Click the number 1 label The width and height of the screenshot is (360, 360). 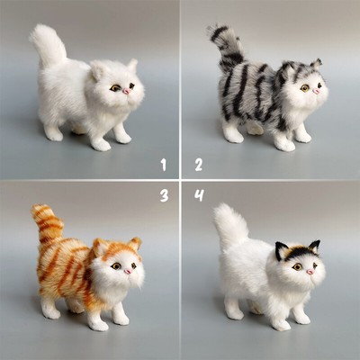[x=163, y=164]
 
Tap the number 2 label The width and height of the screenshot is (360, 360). [x=198, y=164]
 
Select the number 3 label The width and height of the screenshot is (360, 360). [x=164, y=194]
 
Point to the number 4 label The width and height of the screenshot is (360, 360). [x=198, y=194]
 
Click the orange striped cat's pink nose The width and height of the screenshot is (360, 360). [x=129, y=270]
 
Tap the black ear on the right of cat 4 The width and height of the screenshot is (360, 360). [x=315, y=246]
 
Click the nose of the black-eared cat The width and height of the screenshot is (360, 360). [x=310, y=271]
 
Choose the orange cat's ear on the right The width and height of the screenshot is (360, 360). [x=135, y=244]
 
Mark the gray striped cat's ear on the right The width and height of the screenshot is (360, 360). [x=317, y=65]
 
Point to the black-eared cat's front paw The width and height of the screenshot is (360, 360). [x=281, y=321]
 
